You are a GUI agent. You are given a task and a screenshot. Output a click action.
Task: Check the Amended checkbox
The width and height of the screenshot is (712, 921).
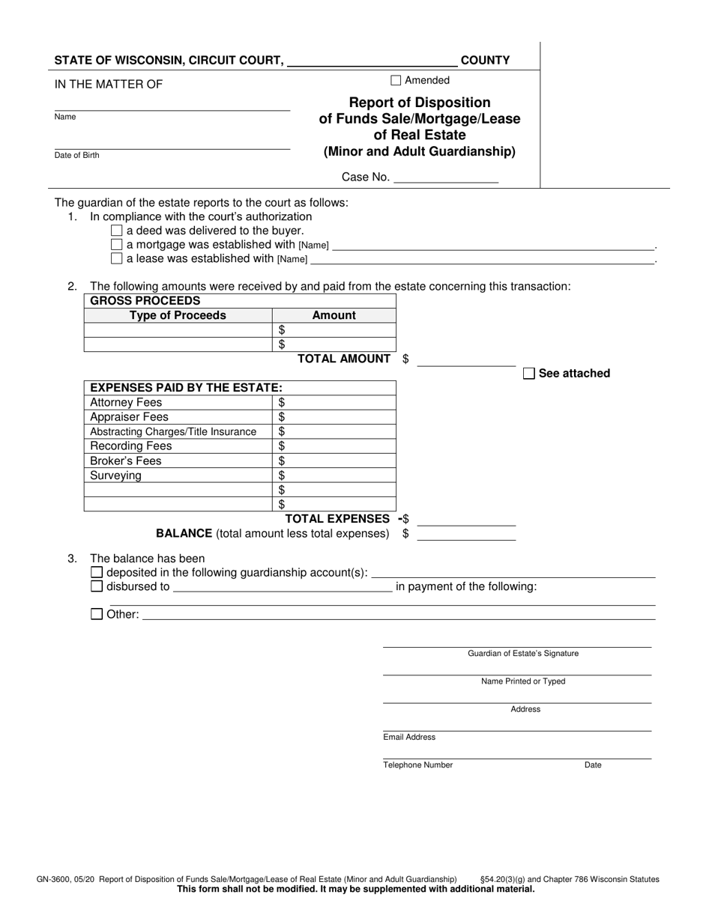pyautogui.click(x=396, y=81)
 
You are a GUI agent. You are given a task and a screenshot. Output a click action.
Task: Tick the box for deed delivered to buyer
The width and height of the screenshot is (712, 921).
pyautogui.click(x=116, y=231)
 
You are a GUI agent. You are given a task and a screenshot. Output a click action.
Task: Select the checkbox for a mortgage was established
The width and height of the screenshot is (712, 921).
pyautogui.click(x=116, y=245)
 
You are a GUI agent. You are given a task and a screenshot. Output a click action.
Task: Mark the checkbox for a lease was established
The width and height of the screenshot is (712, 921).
pyautogui.click(x=116, y=259)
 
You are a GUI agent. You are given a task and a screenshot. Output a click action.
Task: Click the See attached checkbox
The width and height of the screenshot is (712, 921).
pyautogui.click(x=528, y=374)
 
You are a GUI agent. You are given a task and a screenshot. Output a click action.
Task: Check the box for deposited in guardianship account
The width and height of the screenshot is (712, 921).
pyautogui.click(x=97, y=573)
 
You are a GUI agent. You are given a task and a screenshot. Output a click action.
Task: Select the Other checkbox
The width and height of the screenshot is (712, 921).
pyautogui.click(x=97, y=615)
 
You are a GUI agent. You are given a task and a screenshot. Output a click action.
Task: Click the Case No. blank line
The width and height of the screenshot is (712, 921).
pyautogui.click(x=445, y=178)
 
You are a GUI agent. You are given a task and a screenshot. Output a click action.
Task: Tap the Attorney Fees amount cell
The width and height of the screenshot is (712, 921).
pyautogui.click(x=334, y=403)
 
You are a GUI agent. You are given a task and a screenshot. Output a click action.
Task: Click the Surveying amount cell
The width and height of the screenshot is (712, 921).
pyautogui.click(x=334, y=475)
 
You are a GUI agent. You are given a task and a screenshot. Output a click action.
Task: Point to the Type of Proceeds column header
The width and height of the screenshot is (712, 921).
pyautogui.click(x=178, y=315)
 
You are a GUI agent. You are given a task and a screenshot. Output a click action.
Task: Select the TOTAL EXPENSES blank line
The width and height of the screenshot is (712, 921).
pyautogui.click(x=466, y=520)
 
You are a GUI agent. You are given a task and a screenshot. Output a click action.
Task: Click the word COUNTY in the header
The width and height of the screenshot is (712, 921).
pyautogui.click(x=485, y=61)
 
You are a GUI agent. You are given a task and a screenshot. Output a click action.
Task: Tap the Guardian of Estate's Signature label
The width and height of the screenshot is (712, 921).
pyautogui.click(x=523, y=654)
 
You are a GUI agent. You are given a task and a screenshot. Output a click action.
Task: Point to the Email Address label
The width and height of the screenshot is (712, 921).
pyautogui.click(x=409, y=738)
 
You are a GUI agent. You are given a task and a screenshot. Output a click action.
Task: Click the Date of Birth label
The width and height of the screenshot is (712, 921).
pyautogui.click(x=76, y=156)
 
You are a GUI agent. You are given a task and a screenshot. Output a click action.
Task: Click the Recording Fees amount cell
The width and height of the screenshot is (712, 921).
pyautogui.click(x=334, y=446)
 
